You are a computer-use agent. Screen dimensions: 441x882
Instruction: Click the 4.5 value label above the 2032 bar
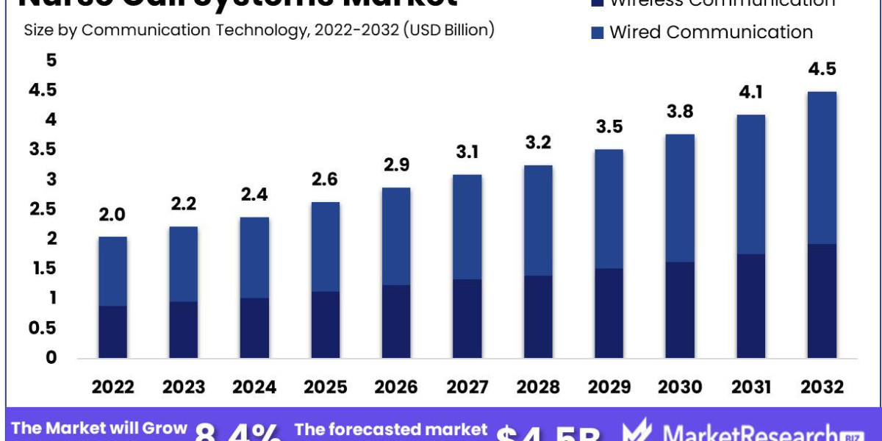click(x=822, y=69)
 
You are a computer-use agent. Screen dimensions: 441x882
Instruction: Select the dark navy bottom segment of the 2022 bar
click(x=112, y=331)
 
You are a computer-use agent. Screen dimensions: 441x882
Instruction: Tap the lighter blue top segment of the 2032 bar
click(x=822, y=168)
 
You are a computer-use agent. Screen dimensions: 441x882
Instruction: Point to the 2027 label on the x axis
click(x=467, y=387)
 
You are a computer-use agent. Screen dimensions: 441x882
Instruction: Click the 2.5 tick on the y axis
click(x=43, y=209)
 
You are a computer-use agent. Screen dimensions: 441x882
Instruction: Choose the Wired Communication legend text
click(x=711, y=32)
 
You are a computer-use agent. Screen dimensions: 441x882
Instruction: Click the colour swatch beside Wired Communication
click(x=596, y=32)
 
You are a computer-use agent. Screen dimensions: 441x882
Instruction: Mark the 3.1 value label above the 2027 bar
click(x=467, y=152)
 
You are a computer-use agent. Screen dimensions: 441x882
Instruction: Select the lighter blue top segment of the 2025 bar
click(x=326, y=246)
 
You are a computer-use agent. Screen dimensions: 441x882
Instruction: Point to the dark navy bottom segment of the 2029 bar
click(x=609, y=313)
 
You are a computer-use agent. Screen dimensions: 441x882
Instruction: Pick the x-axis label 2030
click(x=680, y=387)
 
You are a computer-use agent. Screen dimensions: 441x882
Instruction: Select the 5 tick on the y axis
click(x=51, y=60)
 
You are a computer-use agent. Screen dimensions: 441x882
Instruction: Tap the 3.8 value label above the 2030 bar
click(x=680, y=112)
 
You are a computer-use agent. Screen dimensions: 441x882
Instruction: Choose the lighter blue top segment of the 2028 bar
click(x=538, y=220)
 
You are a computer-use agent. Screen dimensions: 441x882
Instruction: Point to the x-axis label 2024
click(x=254, y=387)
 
